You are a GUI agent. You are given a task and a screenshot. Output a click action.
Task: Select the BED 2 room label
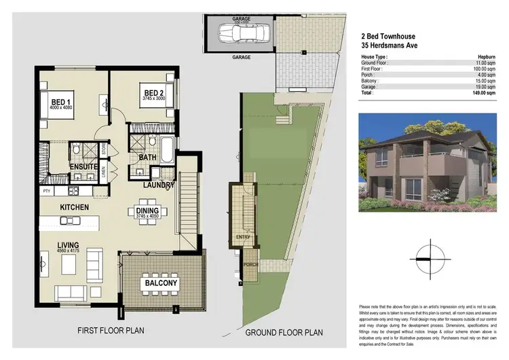tap(154, 92)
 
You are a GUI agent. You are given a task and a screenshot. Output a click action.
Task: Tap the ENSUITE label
tap(84, 167)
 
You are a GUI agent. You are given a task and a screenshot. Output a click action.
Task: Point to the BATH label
tap(148, 158)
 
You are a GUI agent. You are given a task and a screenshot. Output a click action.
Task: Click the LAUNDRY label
tap(161, 184)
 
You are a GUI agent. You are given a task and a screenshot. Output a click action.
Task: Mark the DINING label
tap(147, 211)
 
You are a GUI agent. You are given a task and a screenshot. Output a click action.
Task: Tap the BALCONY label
tap(160, 283)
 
